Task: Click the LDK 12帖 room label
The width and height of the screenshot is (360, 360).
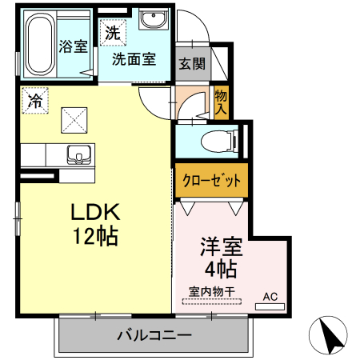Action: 95,225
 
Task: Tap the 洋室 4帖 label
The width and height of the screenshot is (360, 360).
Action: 218,256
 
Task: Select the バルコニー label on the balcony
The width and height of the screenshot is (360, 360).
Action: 153,334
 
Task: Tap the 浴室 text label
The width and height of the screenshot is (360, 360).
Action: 74,46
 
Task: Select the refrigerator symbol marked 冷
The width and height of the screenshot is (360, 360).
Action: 34,100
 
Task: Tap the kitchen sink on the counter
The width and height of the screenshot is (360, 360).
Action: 78,154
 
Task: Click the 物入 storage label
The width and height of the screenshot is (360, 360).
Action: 222,101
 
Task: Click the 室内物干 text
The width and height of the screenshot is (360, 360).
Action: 211,291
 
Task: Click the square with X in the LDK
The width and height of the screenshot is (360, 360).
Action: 77,120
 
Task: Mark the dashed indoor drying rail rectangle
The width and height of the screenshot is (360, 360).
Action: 211,302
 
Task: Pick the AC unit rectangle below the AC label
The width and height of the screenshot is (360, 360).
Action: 270,306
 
